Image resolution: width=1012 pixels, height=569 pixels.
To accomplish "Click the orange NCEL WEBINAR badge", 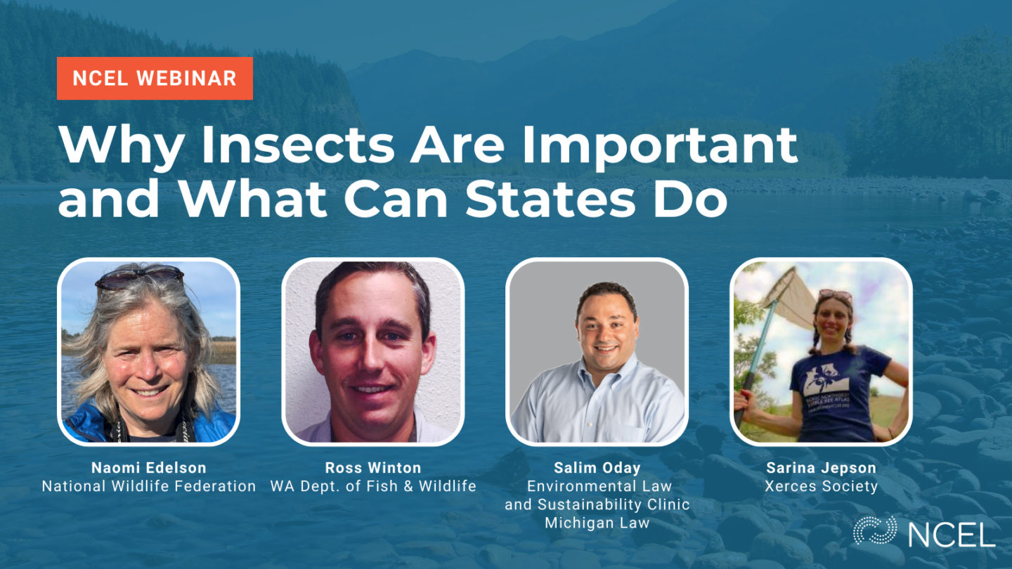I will pos(155,78).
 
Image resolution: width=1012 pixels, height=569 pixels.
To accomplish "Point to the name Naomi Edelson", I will pos(148,468).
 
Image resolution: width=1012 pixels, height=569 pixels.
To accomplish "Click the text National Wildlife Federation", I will pos(149,485).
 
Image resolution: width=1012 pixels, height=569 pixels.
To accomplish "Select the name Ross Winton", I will pos(372,468).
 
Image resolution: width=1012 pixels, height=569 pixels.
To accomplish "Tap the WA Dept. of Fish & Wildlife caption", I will pos(373,485).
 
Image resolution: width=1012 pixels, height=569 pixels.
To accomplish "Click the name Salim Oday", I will pos(597,468).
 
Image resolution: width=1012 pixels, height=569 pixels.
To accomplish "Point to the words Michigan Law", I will pos(597,522).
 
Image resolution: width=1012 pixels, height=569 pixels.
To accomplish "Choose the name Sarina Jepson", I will pos(821,468).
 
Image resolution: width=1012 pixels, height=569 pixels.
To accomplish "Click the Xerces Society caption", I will pos(821,485).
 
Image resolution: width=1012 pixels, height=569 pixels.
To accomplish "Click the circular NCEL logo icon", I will pos(874,530).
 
